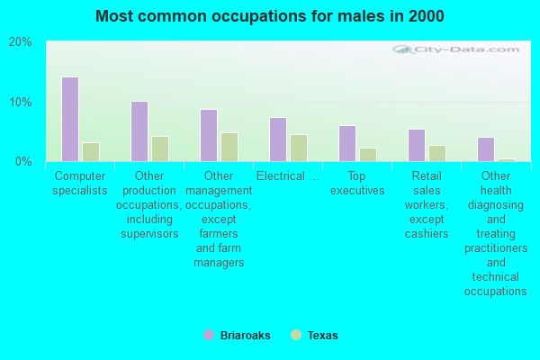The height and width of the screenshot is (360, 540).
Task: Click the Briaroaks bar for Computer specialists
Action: click(x=70, y=119)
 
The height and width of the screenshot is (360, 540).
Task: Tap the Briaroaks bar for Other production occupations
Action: click(x=139, y=131)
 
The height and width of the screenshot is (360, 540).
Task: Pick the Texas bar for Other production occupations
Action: click(x=160, y=148)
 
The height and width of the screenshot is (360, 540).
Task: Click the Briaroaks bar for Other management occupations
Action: click(x=209, y=135)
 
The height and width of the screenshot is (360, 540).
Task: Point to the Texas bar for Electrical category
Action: click(x=299, y=148)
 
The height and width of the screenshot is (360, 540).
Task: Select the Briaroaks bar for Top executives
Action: click(x=347, y=143)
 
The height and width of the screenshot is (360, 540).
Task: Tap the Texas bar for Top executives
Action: click(x=368, y=154)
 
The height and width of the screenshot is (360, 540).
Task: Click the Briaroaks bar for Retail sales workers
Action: click(x=417, y=145)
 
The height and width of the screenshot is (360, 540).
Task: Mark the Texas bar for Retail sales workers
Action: click(x=437, y=153)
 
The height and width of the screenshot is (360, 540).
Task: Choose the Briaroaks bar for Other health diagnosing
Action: click(x=486, y=148)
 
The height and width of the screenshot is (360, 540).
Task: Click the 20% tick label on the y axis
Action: click(x=21, y=42)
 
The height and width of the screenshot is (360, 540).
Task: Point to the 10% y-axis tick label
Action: click(x=21, y=102)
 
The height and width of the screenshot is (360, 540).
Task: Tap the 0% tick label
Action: click(x=23, y=161)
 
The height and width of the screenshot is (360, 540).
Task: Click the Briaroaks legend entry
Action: click(x=236, y=336)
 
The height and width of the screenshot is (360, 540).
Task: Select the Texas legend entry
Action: click(x=315, y=336)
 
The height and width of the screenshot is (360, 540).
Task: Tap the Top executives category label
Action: click(x=357, y=184)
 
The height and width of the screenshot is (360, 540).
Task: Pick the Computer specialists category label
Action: click(x=81, y=184)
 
